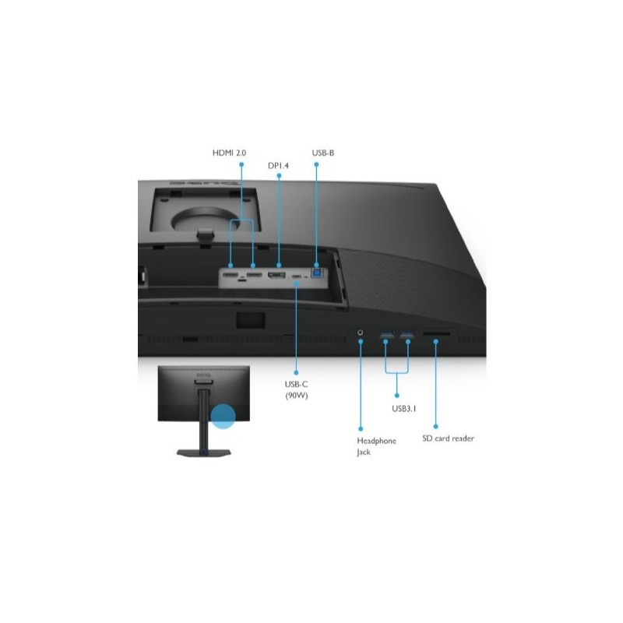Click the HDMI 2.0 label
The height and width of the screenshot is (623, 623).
(229, 153)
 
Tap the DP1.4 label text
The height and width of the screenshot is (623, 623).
(278, 166)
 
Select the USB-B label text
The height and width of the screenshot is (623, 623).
(322, 153)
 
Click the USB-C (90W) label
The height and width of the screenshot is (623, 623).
(297, 390)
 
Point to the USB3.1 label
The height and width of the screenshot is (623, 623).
(403, 408)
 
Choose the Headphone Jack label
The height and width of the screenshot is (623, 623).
(376, 446)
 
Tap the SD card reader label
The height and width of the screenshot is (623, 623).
(448, 438)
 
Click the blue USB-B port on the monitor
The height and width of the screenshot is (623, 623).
(318, 273)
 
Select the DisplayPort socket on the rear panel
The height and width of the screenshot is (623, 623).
(276, 275)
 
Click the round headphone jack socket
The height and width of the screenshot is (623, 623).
(361, 333)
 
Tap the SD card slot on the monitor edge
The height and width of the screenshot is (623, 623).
(436, 334)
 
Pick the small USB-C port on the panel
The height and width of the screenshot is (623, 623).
(296, 276)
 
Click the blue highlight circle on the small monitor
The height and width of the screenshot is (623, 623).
(223, 417)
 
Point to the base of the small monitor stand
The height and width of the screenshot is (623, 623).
(204, 453)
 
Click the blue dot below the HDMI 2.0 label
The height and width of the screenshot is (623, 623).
(241, 164)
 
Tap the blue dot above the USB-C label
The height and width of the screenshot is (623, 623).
(296, 373)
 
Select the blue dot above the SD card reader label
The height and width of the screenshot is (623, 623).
(436, 426)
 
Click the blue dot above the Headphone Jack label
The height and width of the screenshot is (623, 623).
(361, 429)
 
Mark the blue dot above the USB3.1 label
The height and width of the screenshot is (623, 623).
(397, 396)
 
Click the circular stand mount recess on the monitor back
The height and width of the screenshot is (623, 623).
(206, 219)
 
